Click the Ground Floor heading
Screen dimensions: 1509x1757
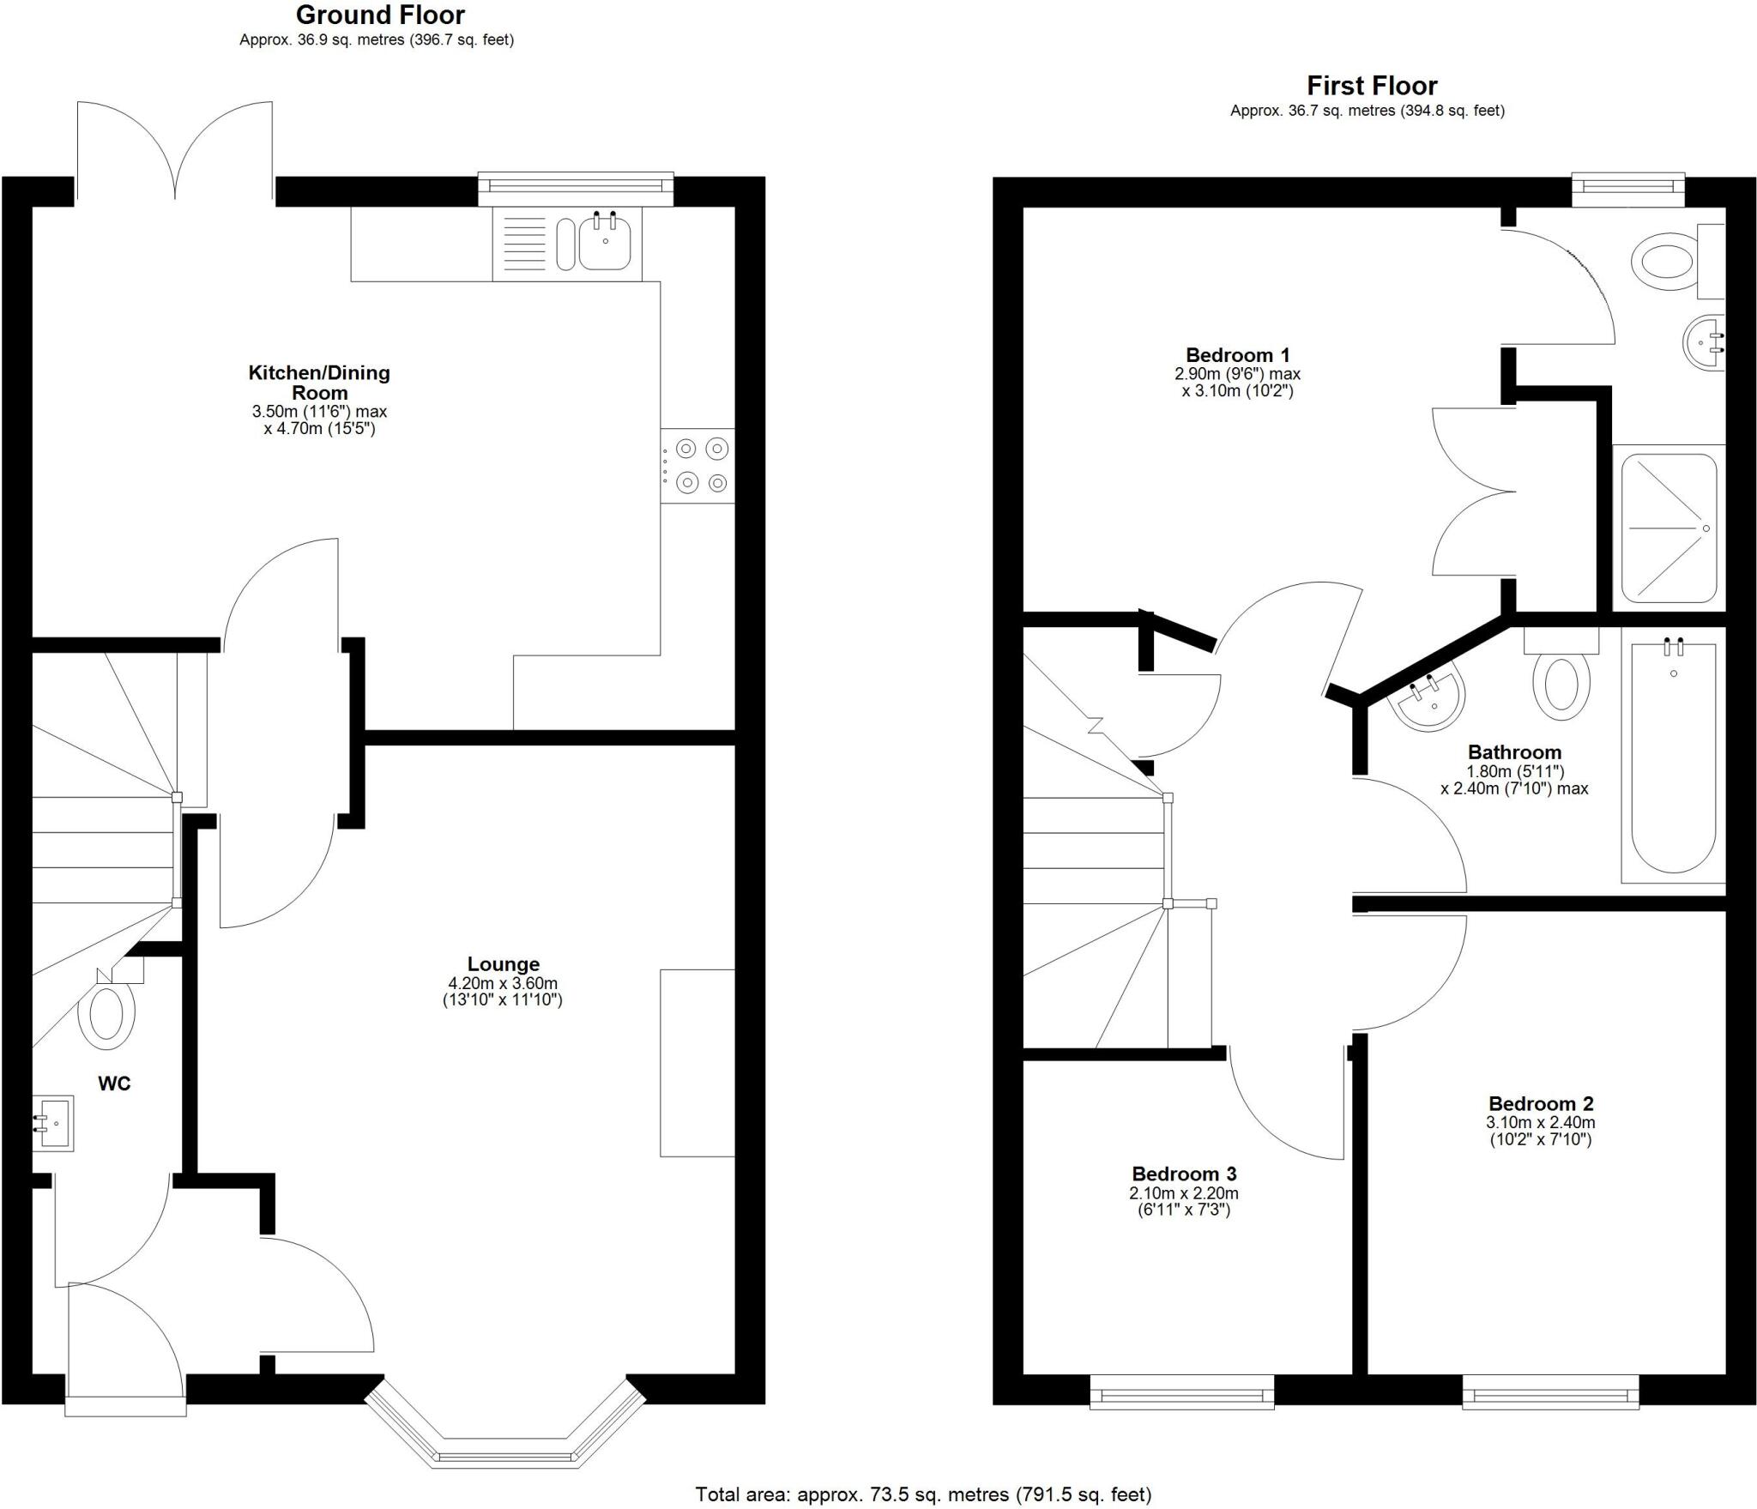[x=380, y=15]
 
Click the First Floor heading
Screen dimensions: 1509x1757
[x=1371, y=86]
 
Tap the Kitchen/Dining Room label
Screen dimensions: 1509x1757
[x=319, y=382]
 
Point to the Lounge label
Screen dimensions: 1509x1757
[x=503, y=964]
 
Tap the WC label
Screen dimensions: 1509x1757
[x=114, y=1083]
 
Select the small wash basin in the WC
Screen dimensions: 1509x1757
[x=55, y=1123]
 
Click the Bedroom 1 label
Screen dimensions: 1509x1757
[x=1237, y=355]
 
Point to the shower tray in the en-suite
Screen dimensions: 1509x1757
[x=1668, y=528]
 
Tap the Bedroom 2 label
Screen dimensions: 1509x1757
[x=1540, y=1104]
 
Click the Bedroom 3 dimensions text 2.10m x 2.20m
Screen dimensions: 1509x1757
[x=1183, y=1193]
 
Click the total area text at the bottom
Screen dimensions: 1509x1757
[x=922, y=1494]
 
